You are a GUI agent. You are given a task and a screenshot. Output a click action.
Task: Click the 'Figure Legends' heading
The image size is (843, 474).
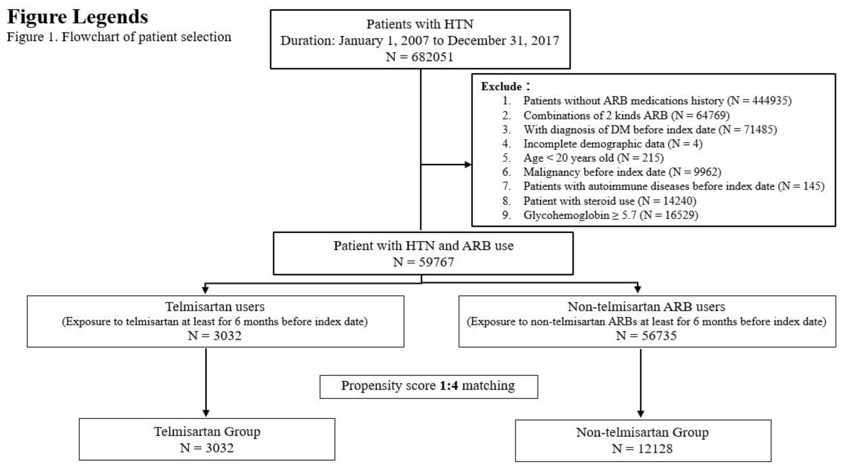click(x=78, y=17)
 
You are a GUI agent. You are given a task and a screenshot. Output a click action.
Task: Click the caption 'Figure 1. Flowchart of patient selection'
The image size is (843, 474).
click(x=119, y=37)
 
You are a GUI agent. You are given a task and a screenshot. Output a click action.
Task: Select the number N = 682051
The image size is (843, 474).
click(x=419, y=57)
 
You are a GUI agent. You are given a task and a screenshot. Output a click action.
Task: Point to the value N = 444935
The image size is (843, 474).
click(x=759, y=100)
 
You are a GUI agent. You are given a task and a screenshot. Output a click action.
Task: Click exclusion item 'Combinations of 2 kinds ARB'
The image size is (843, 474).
click(x=596, y=115)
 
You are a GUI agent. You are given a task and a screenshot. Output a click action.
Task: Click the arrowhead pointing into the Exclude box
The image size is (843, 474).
click(x=468, y=164)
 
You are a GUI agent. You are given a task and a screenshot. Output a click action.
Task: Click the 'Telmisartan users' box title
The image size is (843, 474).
click(x=215, y=307)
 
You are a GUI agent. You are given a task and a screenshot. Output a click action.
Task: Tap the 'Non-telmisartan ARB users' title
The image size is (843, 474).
click(x=646, y=307)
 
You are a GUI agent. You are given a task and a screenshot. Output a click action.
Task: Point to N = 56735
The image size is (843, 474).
click(x=646, y=336)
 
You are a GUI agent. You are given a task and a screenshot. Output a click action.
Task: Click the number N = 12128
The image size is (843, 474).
click(x=642, y=448)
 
